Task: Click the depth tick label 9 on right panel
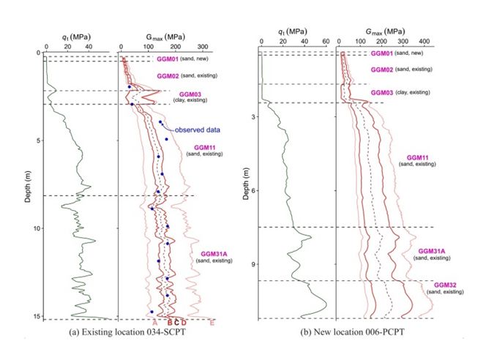[x=252, y=264]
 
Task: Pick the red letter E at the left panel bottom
[x=212, y=323]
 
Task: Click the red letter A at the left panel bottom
[x=155, y=323]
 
